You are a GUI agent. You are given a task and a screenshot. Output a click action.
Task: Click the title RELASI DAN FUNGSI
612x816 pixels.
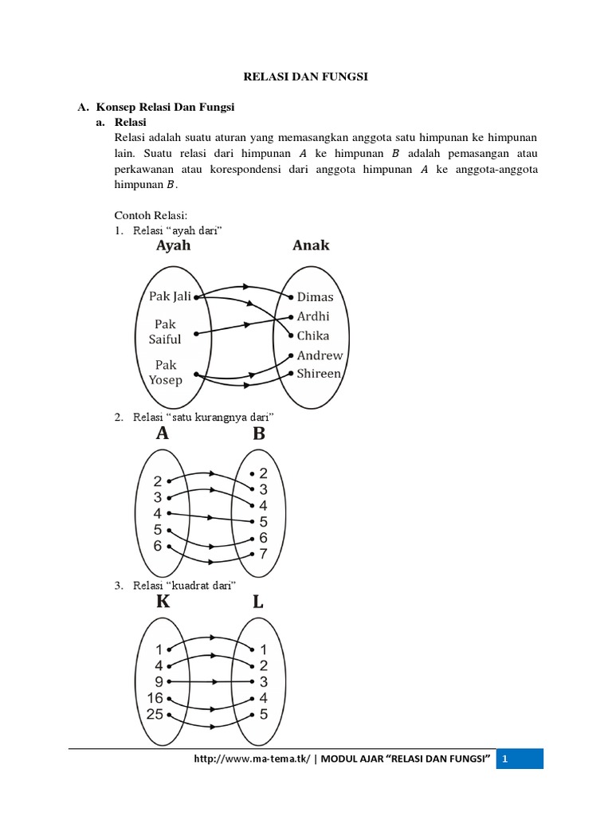pyautogui.click(x=305, y=77)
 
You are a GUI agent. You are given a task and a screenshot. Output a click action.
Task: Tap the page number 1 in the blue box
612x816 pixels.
pyautogui.click(x=504, y=759)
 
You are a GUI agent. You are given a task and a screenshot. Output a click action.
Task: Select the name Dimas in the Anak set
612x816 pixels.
pyautogui.click(x=315, y=296)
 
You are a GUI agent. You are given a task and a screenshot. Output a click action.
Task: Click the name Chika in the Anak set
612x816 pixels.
pyautogui.click(x=313, y=335)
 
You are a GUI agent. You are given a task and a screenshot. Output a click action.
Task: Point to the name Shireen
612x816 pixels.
pyautogui.click(x=320, y=373)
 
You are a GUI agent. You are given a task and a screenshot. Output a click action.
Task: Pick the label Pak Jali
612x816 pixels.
pyautogui.click(x=170, y=296)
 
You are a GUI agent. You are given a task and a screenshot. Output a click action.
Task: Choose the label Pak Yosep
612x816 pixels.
pyautogui.click(x=166, y=372)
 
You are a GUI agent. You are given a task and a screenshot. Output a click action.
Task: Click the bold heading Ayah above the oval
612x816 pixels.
pyautogui.click(x=173, y=245)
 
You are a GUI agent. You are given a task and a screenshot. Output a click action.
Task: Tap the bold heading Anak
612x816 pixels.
pyautogui.click(x=311, y=245)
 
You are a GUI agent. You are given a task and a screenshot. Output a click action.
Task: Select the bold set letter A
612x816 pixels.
pyautogui.click(x=163, y=433)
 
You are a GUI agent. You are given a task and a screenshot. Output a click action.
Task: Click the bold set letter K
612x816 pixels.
pyautogui.click(x=163, y=602)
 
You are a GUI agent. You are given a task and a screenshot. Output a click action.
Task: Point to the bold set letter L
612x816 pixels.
pyautogui.click(x=258, y=602)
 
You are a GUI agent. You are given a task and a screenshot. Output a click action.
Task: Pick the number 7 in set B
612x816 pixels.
pyautogui.click(x=264, y=553)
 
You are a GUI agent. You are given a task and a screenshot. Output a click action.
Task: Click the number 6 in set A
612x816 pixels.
pyautogui.click(x=158, y=546)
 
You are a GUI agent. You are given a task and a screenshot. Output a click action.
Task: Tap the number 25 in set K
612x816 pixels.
pyautogui.click(x=155, y=714)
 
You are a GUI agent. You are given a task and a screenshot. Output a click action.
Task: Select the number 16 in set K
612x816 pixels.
pyautogui.click(x=155, y=698)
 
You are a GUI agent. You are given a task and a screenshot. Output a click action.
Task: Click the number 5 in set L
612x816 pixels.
pyautogui.click(x=264, y=714)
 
